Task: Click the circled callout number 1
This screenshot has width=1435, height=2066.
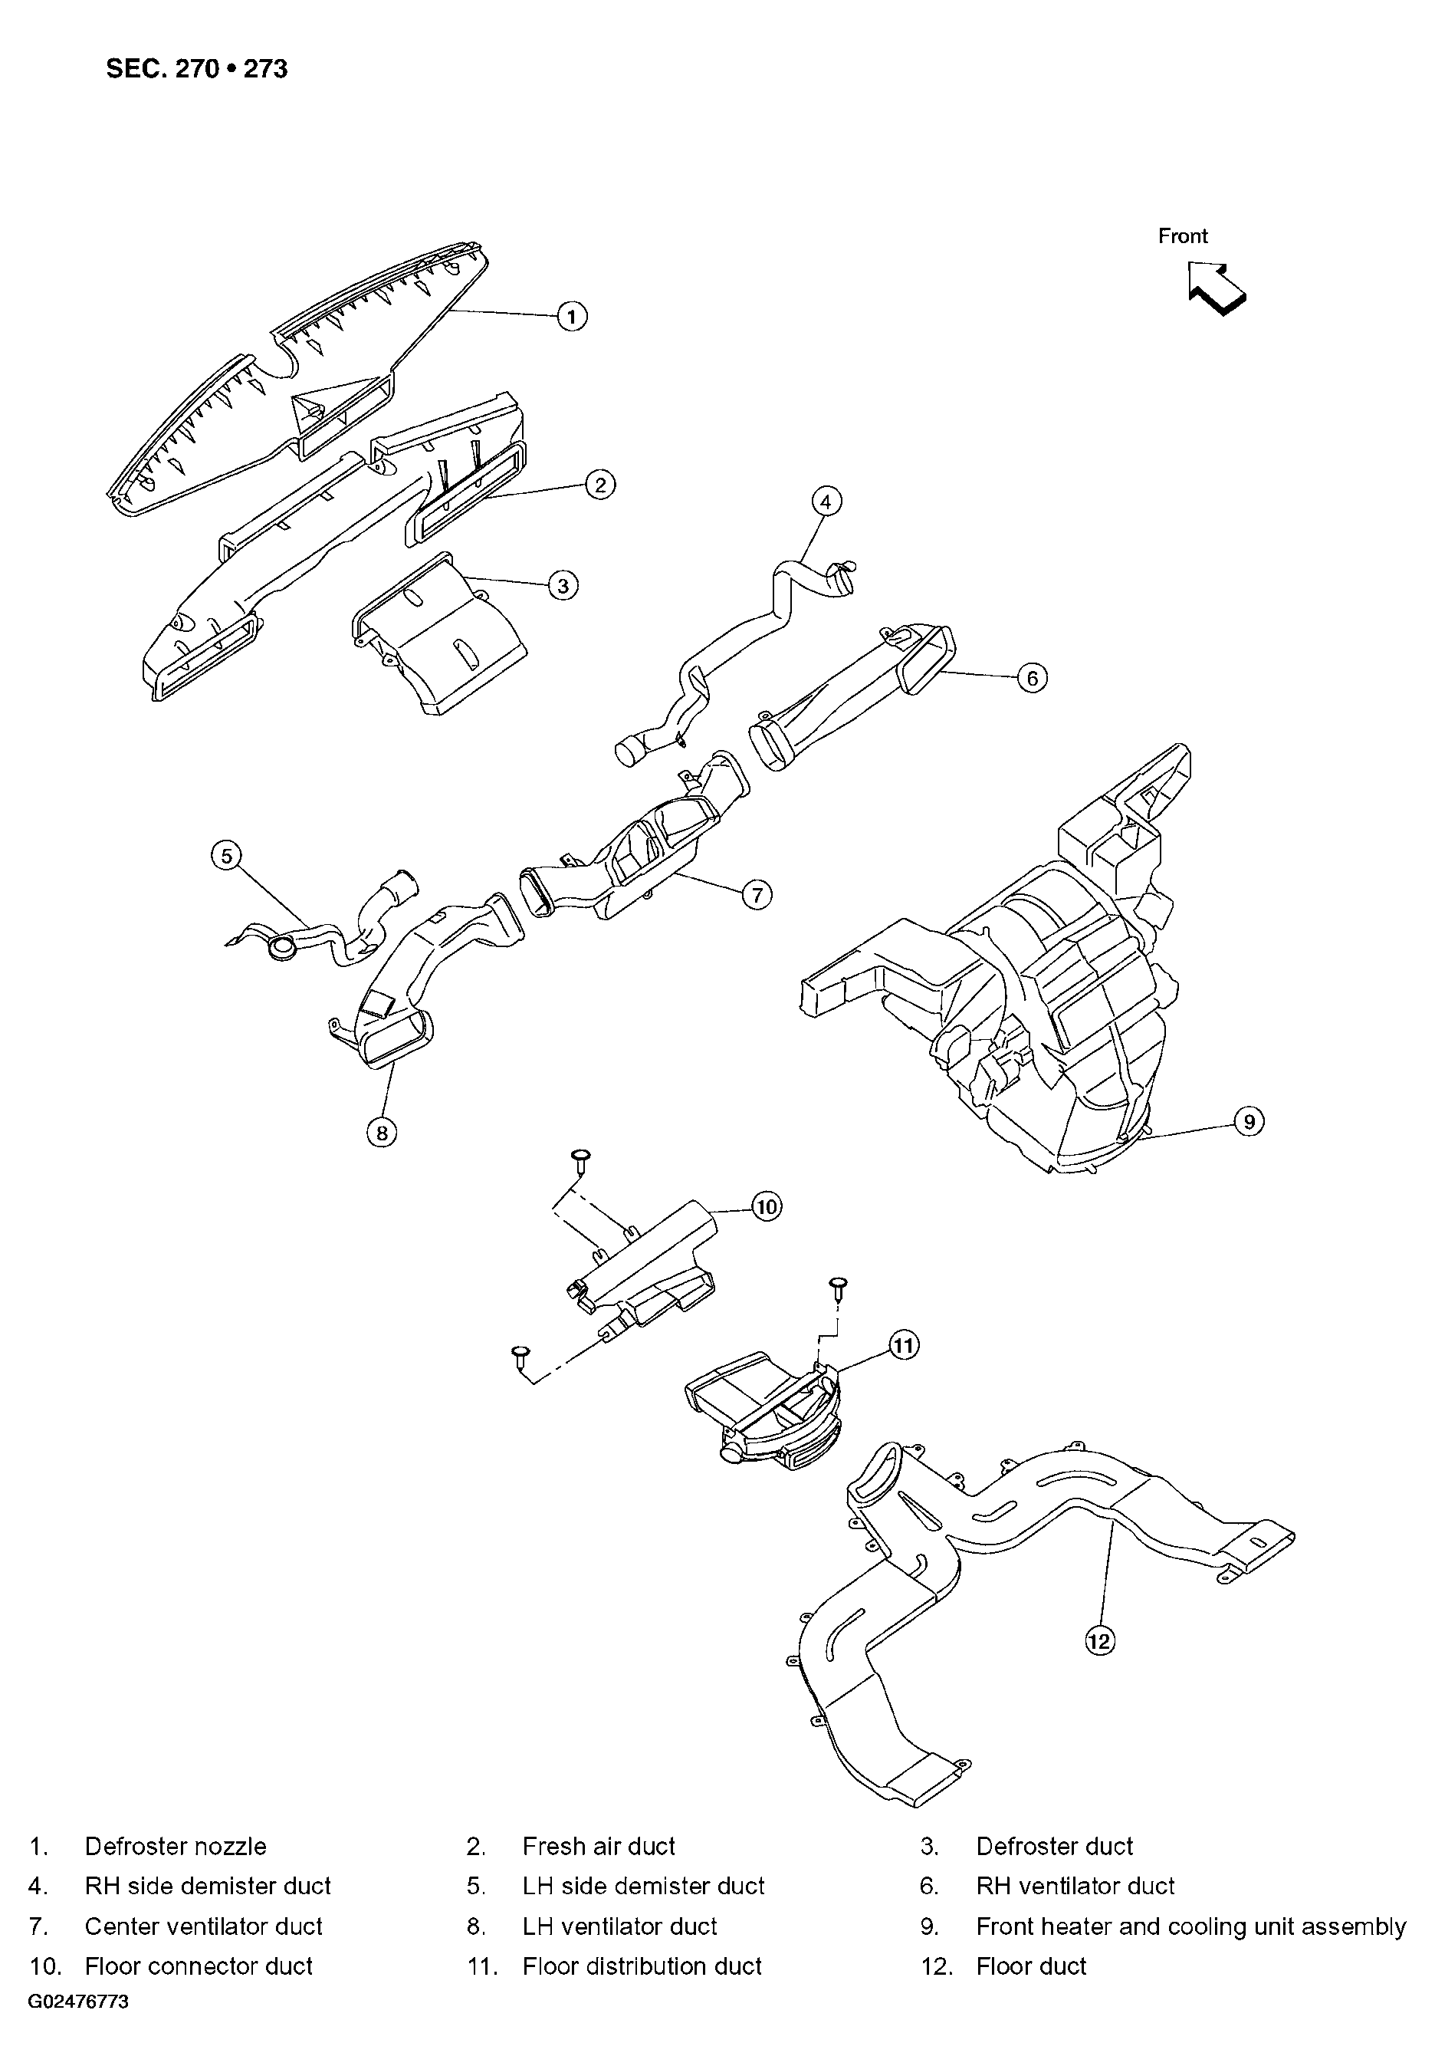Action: pos(572,316)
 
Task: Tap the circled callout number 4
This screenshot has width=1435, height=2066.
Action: pos(826,501)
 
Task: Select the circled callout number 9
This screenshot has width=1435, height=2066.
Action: pos(1249,1122)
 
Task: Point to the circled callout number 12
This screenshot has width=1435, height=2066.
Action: pos(1099,1641)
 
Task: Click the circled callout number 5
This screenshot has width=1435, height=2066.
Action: pos(227,855)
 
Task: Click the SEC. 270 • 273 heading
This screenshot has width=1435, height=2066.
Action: pos(197,69)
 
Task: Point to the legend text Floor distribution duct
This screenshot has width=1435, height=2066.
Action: pos(642,1966)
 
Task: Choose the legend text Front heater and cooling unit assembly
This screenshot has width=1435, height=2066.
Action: pos(1191,1926)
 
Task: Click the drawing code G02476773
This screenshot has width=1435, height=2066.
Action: pos(78,2002)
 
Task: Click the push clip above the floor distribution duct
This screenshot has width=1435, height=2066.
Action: pos(838,1288)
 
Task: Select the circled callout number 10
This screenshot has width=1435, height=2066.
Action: pos(766,1206)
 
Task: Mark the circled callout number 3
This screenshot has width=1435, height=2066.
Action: pos(563,586)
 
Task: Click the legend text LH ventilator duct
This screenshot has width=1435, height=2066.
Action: pos(619,1926)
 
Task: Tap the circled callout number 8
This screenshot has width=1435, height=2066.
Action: pos(382,1133)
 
